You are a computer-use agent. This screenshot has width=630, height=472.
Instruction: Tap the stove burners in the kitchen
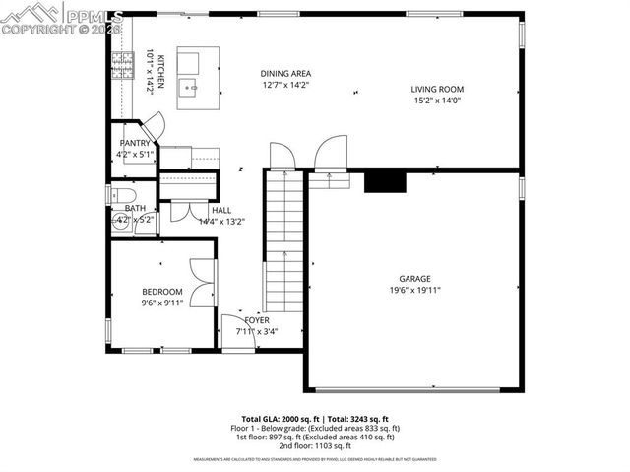[121, 68]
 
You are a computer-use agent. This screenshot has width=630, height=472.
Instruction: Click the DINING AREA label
[285, 74]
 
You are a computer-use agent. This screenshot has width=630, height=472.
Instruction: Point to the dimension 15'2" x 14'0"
[437, 101]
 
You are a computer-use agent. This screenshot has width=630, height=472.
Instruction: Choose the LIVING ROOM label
[437, 90]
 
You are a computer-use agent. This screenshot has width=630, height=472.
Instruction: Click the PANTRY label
[134, 144]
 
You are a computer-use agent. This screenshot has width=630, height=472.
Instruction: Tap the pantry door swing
[153, 129]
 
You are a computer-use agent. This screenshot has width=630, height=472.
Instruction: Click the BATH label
[135, 208]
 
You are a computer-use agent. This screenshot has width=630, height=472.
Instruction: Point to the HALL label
[221, 210]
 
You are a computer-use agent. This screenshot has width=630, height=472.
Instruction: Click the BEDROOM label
[161, 292]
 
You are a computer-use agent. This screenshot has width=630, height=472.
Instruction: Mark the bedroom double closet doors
[202, 281]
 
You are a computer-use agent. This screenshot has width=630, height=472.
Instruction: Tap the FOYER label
[257, 321]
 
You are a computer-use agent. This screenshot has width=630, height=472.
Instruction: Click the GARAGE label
[414, 279]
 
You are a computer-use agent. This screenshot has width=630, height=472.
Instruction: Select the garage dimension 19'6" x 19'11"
[414, 291]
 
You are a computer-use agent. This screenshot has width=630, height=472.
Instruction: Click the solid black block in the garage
[384, 181]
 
